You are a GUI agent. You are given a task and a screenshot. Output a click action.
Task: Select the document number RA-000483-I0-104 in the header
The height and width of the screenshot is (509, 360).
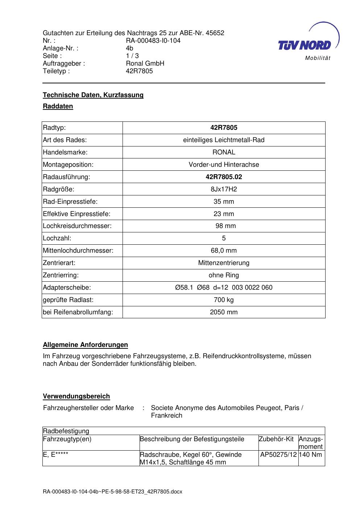click(x=153, y=41)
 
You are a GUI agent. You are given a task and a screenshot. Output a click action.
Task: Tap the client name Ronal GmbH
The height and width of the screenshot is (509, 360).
click(x=145, y=63)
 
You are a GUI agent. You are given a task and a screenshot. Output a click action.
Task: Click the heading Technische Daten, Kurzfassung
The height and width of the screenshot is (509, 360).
click(x=93, y=95)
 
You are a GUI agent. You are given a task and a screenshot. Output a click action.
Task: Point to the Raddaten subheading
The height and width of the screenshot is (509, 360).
click(x=58, y=106)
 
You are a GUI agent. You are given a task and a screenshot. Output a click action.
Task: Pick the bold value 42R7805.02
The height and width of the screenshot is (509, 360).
click(x=224, y=177)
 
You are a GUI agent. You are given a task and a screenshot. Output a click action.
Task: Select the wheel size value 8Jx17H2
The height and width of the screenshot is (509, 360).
click(x=224, y=189)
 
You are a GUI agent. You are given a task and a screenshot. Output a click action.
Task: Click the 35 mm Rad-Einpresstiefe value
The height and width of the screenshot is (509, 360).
click(x=224, y=202)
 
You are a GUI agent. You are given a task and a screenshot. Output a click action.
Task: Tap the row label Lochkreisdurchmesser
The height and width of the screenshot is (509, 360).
click(x=77, y=226)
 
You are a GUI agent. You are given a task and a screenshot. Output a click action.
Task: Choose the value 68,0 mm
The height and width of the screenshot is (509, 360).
click(x=224, y=251)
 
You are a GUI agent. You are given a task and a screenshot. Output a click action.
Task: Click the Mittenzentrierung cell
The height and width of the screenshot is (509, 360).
click(x=224, y=263)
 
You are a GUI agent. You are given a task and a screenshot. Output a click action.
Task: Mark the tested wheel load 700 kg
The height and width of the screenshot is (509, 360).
click(x=224, y=300)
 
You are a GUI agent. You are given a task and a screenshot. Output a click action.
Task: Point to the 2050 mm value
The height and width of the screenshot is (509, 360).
click(x=224, y=312)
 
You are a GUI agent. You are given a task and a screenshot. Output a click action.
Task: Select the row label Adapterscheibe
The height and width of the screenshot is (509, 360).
click(x=67, y=287)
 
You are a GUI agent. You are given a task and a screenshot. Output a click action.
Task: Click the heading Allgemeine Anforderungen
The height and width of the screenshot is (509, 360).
click(x=86, y=345)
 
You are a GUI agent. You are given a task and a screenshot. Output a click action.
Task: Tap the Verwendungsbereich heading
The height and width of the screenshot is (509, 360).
click(x=76, y=396)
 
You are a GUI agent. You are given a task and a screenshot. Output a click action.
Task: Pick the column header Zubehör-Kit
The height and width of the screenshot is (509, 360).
click(x=276, y=439)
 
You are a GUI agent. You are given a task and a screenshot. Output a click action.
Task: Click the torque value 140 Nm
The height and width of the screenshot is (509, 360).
click(x=311, y=455)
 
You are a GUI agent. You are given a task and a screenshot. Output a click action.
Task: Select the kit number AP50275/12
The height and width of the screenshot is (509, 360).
click(x=278, y=455)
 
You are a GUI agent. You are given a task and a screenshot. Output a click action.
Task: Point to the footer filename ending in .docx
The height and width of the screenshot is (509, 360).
click(x=112, y=492)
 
